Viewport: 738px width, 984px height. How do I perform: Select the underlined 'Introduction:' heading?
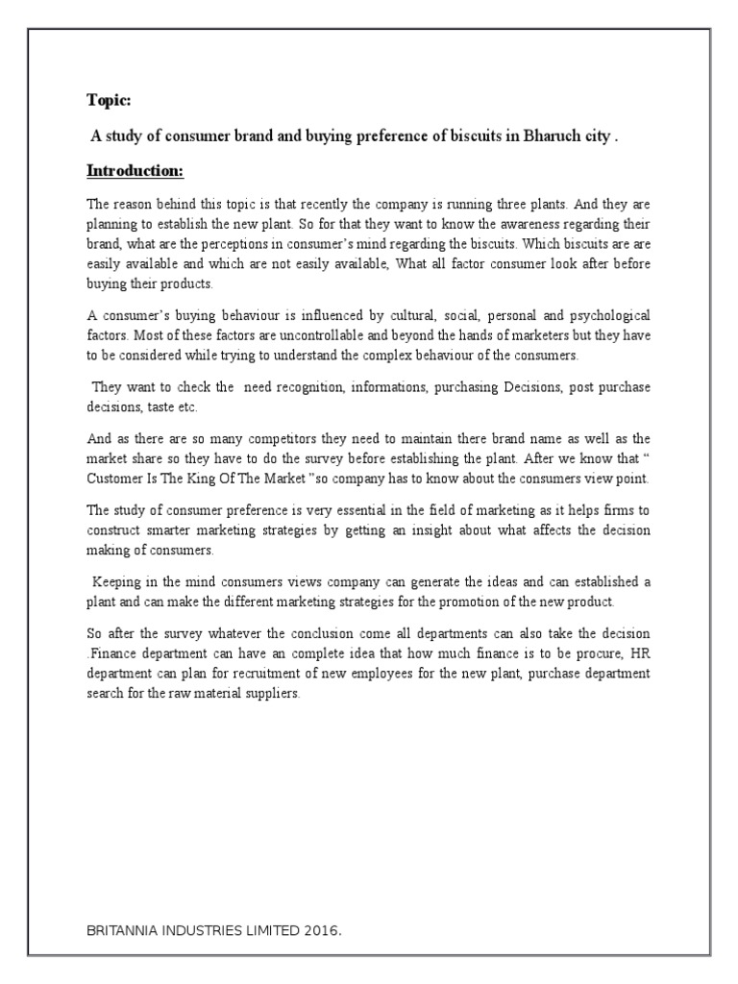pyautogui.click(x=135, y=171)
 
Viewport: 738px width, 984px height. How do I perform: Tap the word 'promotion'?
pyautogui.click(x=481, y=602)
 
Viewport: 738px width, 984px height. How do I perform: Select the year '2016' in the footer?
pyautogui.click(x=319, y=931)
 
